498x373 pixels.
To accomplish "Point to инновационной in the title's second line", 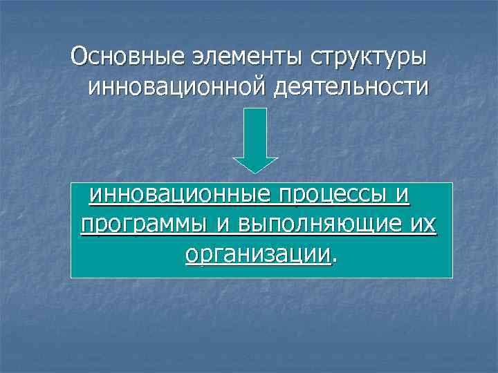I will click(175, 88).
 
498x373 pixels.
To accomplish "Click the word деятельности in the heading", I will click(350, 88).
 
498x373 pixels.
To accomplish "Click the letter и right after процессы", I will click(403, 195).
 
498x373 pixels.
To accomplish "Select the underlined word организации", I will click(258, 255).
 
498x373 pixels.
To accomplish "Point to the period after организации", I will click(334, 260).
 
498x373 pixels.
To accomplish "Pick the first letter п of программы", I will click(86, 226).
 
